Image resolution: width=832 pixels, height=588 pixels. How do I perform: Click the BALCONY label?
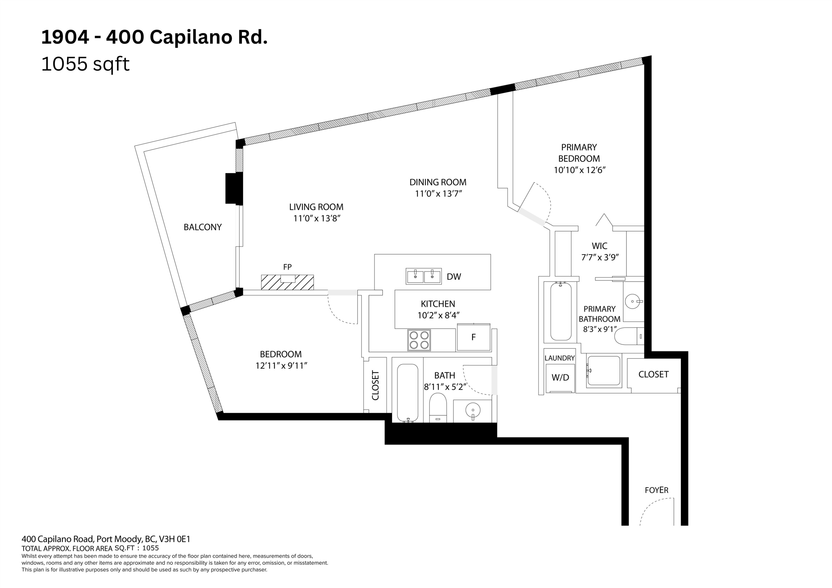click(x=202, y=227)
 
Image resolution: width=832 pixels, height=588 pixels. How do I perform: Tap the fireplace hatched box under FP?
click(x=287, y=282)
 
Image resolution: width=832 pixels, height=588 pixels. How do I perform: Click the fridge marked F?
click(x=473, y=337)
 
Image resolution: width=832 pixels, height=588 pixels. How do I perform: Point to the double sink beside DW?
click(x=423, y=276)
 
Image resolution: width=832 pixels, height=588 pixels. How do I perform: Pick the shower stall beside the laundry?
click(x=604, y=371)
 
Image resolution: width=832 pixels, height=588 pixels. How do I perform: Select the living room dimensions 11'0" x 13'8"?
click(x=317, y=218)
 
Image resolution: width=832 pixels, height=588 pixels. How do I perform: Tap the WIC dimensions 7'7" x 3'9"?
click(x=600, y=258)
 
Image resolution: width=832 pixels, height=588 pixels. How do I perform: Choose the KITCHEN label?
click(x=438, y=304)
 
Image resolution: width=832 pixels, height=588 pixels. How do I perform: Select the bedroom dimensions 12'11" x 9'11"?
click(x=281, y=366)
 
